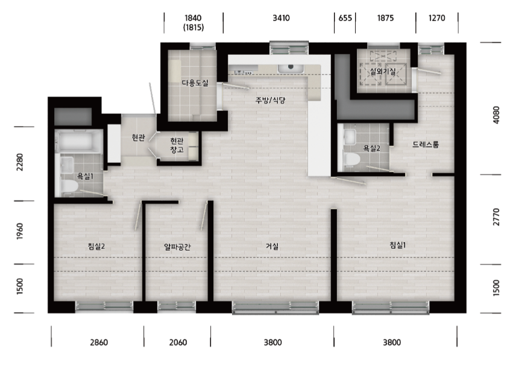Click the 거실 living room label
272,246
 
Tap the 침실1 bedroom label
397,245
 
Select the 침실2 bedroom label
96,246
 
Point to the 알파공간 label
177,247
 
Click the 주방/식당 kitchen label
270,100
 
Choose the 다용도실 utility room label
195,83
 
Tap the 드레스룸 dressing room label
426,145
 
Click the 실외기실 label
383,71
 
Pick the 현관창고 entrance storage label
177,145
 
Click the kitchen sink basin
291,69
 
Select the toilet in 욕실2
351,159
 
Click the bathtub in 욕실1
78,141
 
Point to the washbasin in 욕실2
349,136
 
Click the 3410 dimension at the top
281,18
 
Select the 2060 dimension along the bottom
178,342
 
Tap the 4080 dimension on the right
496,115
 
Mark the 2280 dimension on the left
20,162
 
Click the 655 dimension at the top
345,18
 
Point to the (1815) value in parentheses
193,27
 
